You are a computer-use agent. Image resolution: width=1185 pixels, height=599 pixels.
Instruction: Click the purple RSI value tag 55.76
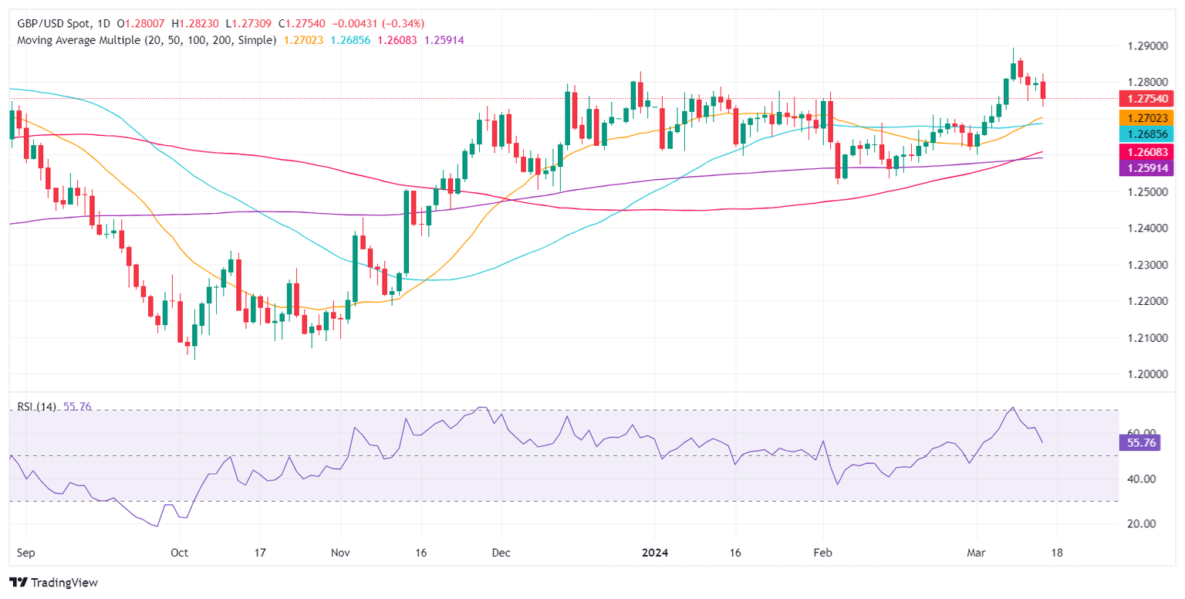pos(1139,443)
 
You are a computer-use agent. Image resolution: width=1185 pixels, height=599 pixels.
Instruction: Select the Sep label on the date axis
pos(26,553)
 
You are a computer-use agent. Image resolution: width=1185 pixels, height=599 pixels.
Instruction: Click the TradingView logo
pos(53,583)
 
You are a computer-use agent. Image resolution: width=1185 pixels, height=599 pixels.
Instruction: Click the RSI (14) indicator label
pos(35,407)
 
